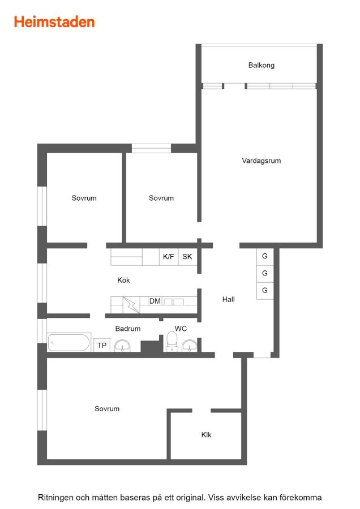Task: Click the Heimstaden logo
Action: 54,22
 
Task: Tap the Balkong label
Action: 262,65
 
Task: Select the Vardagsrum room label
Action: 262,161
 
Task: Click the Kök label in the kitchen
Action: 123,280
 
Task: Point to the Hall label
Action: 229,299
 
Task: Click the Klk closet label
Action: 206,435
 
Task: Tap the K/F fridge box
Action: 169,257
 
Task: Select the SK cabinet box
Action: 187,257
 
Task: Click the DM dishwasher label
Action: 155,301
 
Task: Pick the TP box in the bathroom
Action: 102,345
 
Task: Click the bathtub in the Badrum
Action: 69,343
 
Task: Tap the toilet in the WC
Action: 172,342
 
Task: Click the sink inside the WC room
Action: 189,346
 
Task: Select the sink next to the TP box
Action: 122,346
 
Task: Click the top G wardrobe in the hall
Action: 265,256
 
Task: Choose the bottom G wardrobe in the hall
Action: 265,291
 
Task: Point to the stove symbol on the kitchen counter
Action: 131,305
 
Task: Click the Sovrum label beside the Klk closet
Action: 107,409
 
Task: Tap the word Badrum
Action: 128,329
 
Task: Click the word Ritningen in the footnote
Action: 55,498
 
